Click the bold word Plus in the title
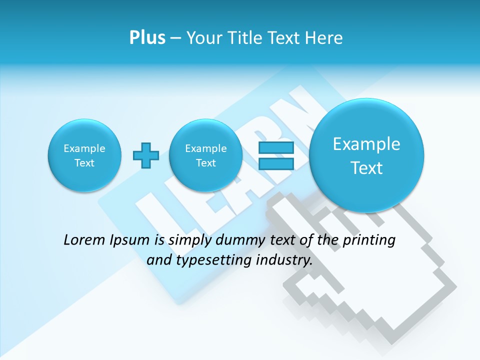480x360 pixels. pyautogui.click(x=147, y=37)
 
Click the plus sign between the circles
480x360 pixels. pyautogui.click(x=145, y=155)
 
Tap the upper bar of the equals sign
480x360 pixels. pyautogui.click(x=275, y=148)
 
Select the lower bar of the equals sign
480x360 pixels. pyautogui.click(x=275, y=163)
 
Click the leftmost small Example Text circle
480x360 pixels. pyautogui.click(x=84, y=155)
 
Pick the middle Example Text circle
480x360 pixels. pyautogui.click(x=205, y=155)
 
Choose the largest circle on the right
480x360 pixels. pyautogui.click(x=366, y=155)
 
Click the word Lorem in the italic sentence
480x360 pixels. pyautogui.click(x=84, y=240)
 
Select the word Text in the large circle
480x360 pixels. pyautogui.click(x=366, y=168)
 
